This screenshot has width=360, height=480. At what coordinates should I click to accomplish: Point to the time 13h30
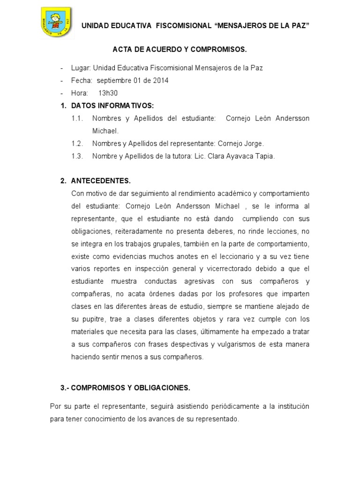(x=108, y=93)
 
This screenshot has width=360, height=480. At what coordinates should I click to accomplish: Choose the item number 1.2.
(x=77, y=143)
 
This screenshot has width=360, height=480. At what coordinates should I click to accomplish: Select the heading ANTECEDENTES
(x=101, y=181)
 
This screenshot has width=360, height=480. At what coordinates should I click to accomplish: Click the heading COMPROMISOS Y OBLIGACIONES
(x=125, y=388)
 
